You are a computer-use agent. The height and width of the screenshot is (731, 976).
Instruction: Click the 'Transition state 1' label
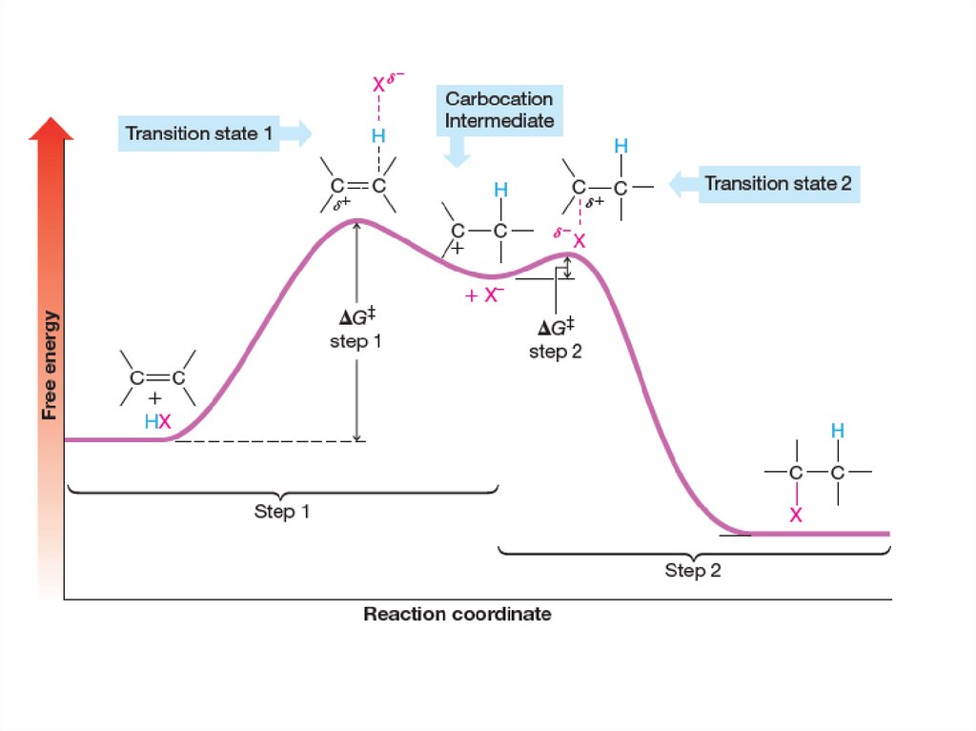point(198,133)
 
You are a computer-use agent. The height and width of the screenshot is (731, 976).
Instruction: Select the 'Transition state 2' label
point(777,184)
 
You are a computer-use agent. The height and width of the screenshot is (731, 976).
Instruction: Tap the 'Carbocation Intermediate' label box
point(498,111)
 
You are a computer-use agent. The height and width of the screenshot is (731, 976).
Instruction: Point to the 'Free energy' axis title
point(50,365)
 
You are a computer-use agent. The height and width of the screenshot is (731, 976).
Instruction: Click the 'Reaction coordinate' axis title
point(457,615)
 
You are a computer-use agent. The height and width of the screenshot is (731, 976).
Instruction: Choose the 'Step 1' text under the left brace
point(282,512)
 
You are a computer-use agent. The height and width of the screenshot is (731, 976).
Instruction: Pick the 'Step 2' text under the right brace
point(693,571)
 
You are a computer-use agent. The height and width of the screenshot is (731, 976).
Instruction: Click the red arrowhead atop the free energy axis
point(51,130)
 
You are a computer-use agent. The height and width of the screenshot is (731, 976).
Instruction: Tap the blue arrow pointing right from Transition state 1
point(297,133)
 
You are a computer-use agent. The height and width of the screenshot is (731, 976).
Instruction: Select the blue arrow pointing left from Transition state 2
point(682,184)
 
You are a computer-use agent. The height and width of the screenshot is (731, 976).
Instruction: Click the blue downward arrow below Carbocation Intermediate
point(458,150)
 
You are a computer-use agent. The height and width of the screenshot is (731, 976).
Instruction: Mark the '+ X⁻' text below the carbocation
point(483,295)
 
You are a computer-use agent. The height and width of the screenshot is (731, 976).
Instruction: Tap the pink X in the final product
point(796,515)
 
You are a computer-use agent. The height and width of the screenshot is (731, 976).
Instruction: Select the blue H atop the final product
point(837,432)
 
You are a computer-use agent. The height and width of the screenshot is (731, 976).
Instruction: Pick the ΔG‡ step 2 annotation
point(556,338)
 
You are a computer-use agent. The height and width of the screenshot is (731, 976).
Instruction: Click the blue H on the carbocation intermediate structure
point(500,192)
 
